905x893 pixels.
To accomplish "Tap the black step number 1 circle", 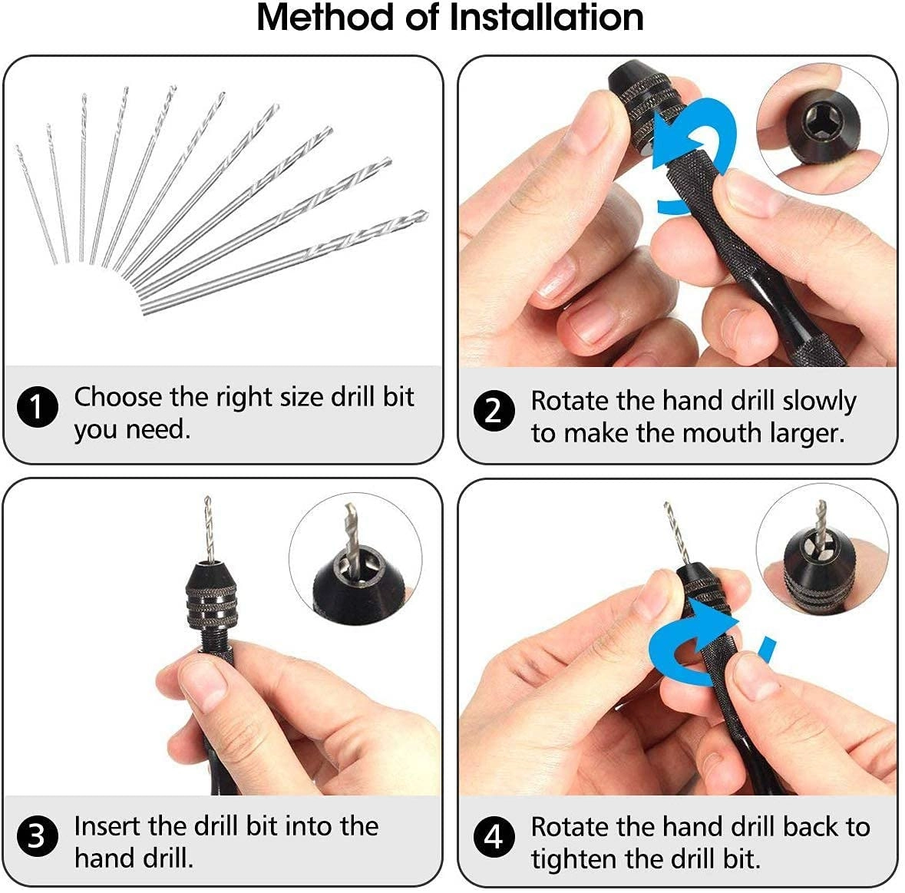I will pyautogui.click(x=37, y=407).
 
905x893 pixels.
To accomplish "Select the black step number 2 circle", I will pyautogui.click(x=494, y=411).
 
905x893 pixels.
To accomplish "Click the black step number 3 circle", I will pyautogui.click(x=37, y=836).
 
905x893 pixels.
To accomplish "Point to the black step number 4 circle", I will pyautogui.click(x=494, y=836).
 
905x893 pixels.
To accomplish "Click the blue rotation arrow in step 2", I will pyautogui.click(x=695, y=150).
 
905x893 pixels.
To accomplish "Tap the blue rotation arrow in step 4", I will pyautogui.click(x=691, y=649).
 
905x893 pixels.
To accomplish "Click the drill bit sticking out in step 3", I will pyautogui.click(x=207, y=530).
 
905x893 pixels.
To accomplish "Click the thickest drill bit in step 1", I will pyautogui.click(x=284, y=261).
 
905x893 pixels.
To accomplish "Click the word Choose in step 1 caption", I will pyautogui.click(x=118, y=397).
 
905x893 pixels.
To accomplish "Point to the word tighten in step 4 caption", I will pyautogui.click(x=576, y=858).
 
